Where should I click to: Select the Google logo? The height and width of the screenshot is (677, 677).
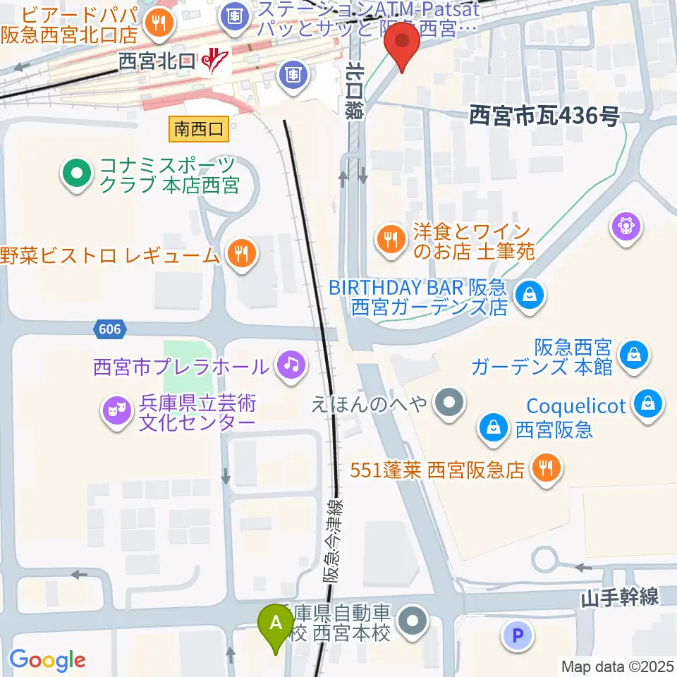pyautogui.click(x=48, y=660)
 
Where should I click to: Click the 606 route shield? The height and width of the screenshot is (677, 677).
pyautogui.click(x=109, y=329)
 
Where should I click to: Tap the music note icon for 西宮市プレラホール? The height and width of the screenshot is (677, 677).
pyautogui.click(x=290, y=365)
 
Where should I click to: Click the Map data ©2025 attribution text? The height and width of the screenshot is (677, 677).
pyautogui.click(x=616, y=666)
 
